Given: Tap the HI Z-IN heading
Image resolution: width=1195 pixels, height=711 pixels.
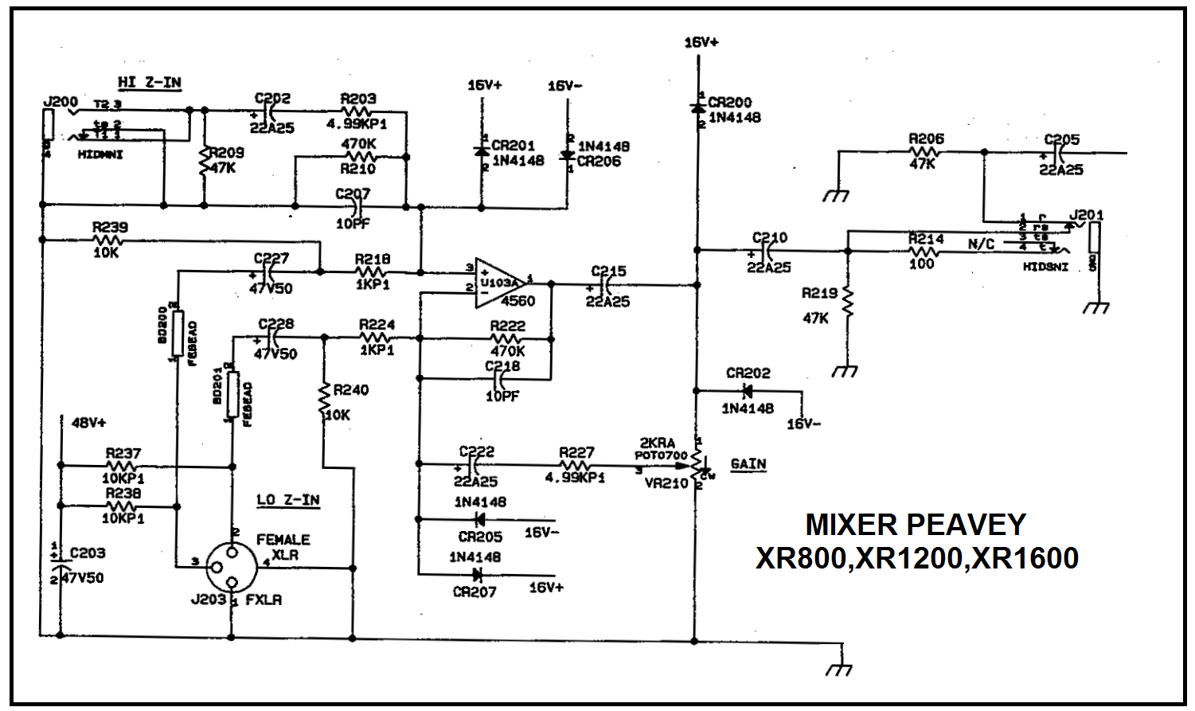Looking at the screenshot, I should pyautogui.click(x=149, y=82).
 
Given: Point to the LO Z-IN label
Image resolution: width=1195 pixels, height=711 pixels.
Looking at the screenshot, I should pyautogui.click(x=287, y=500).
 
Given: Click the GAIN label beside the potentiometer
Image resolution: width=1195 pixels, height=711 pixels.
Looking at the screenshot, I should pyautogui.click(x=748, y=463).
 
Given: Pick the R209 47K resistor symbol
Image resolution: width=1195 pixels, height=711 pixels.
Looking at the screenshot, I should pyautogui.click(x=204, y=163).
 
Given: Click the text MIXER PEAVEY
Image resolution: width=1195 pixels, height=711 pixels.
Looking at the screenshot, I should pyautogui.click(x=916, y=525).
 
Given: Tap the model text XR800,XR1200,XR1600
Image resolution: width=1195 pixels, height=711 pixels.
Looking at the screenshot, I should pyautogui.click(x=916, y=558).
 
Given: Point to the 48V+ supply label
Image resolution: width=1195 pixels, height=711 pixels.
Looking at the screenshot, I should pyautogui.click(x=88, y=421).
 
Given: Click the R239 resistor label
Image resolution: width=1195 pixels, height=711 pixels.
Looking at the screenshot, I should pyautogui.click(x=109, y=227).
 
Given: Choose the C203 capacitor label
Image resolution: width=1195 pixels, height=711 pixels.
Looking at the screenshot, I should pyautogui.click(x=88, y=553).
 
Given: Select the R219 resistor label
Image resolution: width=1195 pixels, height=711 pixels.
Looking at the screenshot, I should pyautogui.click(x=819, y=294).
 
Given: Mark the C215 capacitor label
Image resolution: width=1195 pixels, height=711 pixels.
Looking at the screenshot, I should pyautogui.click(x=608, y=271).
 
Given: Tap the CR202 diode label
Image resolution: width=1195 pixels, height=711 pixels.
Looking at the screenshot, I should pyautogui.click(x=748, y=373).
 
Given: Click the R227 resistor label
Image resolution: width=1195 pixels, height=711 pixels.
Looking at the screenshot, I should pyautogui.click(x=576, y=451).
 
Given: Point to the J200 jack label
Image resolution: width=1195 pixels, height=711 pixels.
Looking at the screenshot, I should pyautogui.click(x=61, y=102).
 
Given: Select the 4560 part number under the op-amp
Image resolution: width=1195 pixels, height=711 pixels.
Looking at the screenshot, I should pyautogui.click(x=517, y=301).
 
